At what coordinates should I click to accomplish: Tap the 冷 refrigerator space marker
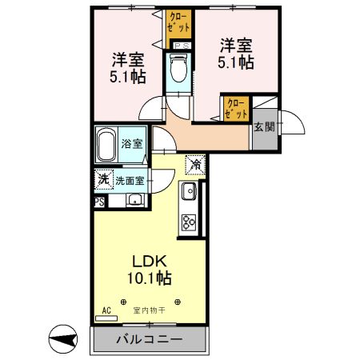195,164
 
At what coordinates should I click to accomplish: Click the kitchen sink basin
189,192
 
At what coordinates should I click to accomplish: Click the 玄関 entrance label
263,126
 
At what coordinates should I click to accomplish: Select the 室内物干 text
149,310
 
